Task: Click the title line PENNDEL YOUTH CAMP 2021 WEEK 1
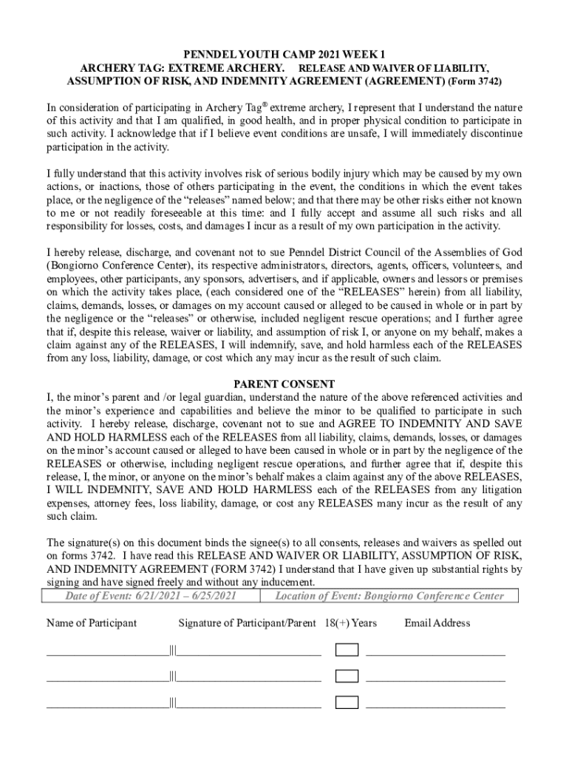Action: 284,54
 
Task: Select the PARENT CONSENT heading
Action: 284,384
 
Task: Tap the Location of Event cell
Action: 389,596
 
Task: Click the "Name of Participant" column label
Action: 92,623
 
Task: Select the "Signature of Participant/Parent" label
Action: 247,623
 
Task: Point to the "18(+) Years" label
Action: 350,623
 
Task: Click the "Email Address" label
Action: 437,623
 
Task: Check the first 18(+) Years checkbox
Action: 347,650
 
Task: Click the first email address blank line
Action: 435,652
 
